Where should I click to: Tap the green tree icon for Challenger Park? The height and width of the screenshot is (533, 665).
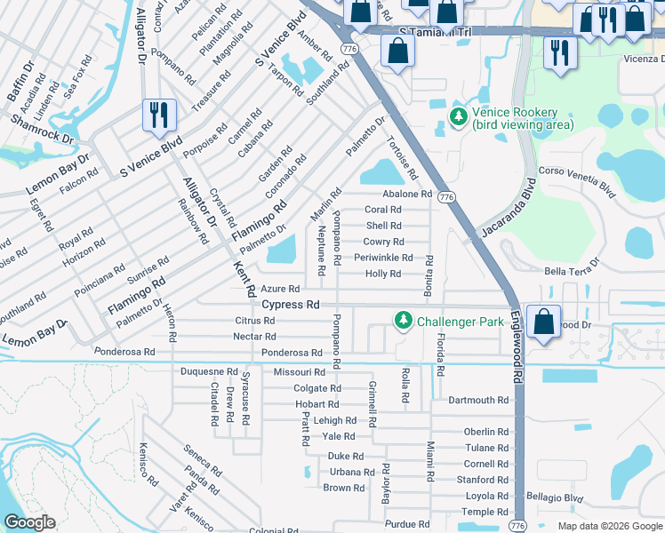tap(403, 320)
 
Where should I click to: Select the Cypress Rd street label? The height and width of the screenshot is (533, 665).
tap(290, 305)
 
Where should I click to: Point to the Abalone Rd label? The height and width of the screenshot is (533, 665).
tap(407, 194)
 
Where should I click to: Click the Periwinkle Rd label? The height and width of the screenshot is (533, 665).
tap(383, 258)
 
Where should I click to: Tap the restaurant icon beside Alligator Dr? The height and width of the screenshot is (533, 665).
tap(159, 115)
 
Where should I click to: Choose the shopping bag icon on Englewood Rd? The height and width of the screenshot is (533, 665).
tap(543, 321)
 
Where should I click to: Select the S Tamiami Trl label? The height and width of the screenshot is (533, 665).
tap(434, 32)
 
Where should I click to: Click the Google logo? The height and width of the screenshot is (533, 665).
tap(30, 522)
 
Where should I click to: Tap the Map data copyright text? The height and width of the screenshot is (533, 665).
tap(611, 526)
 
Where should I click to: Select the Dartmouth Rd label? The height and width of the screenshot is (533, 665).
tap(478, 401)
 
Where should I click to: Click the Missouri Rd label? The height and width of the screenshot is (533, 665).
tap(299, 372)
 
